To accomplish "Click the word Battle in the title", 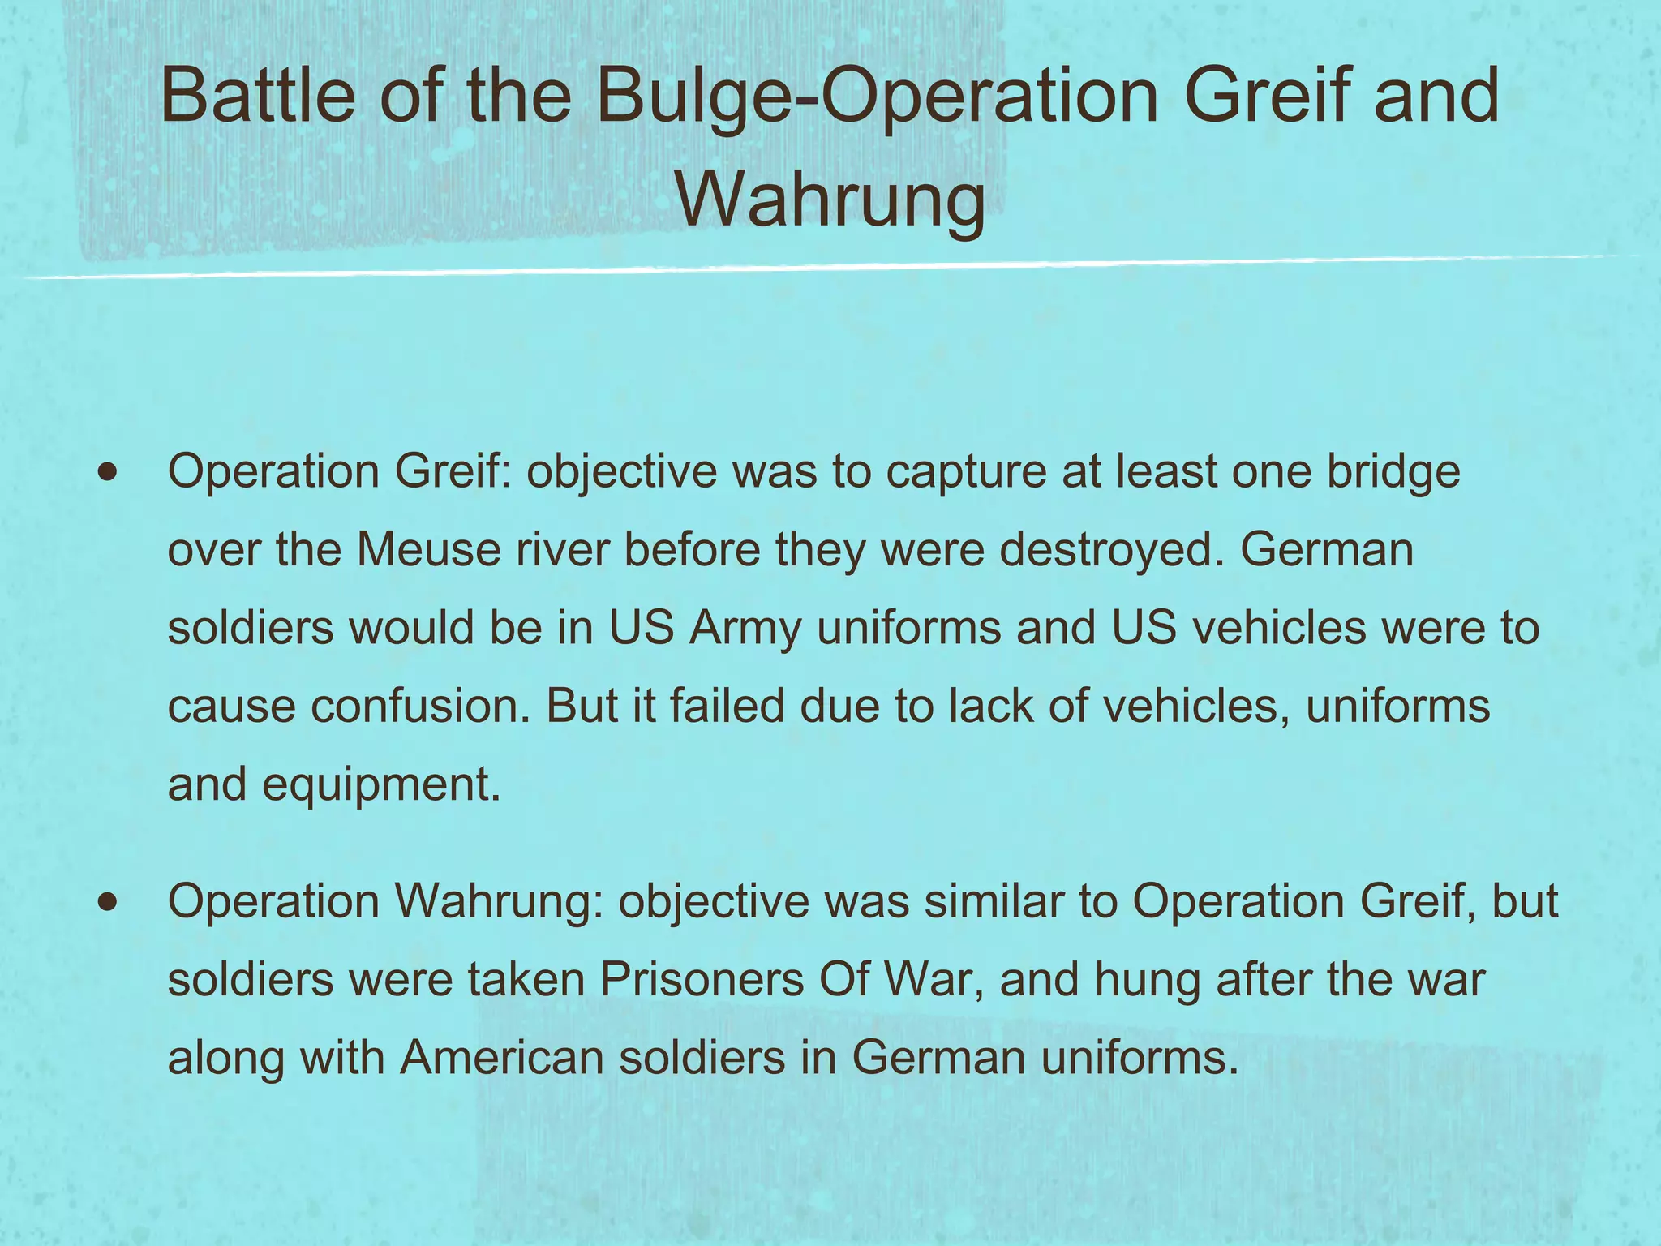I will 258,96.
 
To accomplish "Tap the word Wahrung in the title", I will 830,200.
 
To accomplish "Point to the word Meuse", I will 428,549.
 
